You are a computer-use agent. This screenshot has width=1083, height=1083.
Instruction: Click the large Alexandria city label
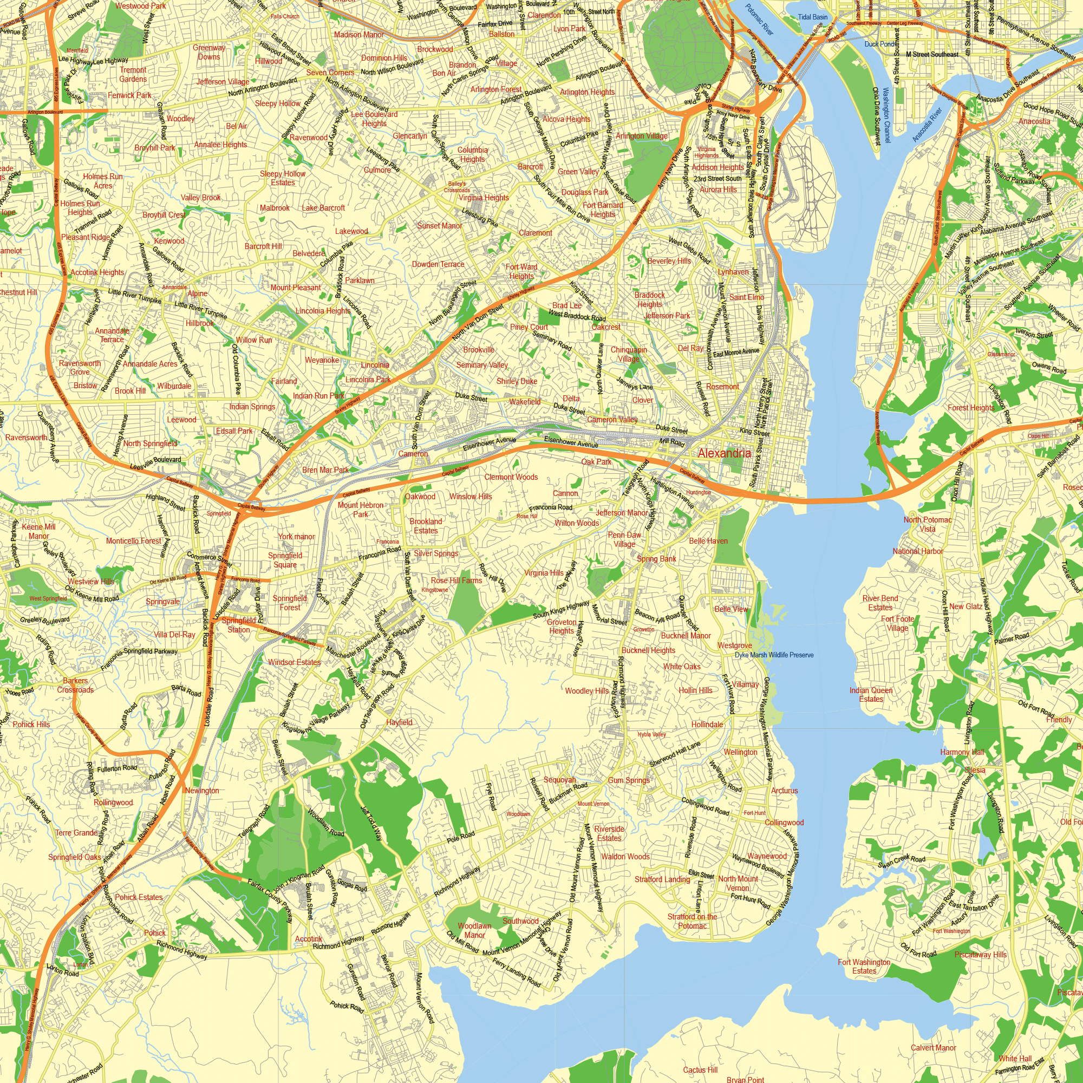coord(723,453)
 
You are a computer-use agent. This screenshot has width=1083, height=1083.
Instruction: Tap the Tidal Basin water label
coord(812,17)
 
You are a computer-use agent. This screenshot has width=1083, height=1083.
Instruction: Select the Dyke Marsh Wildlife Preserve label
coord(774,655)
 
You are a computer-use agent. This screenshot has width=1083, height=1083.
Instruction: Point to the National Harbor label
coord(918,551)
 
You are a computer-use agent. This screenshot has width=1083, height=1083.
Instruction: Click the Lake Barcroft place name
coord(323,208)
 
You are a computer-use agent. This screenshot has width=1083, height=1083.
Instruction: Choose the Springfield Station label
coord(239,625)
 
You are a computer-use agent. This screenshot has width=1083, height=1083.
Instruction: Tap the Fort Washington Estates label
coord(864,967)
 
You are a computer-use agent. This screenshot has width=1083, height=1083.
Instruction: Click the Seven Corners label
coord(330,73)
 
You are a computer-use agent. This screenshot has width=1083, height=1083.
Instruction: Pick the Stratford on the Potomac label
coord(691,921)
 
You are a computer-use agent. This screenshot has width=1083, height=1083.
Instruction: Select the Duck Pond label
coord(879,44)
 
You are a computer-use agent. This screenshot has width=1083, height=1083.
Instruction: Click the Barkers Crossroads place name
coord(75,685)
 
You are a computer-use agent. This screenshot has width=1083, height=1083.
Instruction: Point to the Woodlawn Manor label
coord(474,930)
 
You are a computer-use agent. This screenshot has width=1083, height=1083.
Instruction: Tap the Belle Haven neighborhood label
coord(708,541)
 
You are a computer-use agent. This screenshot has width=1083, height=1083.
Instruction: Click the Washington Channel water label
coord(886,114)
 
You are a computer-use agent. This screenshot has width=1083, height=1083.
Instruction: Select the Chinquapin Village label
coord(628,354)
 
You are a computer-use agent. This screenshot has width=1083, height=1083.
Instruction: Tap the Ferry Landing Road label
coord(516,973)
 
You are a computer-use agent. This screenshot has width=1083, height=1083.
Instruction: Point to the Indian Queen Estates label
coord(871,695)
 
